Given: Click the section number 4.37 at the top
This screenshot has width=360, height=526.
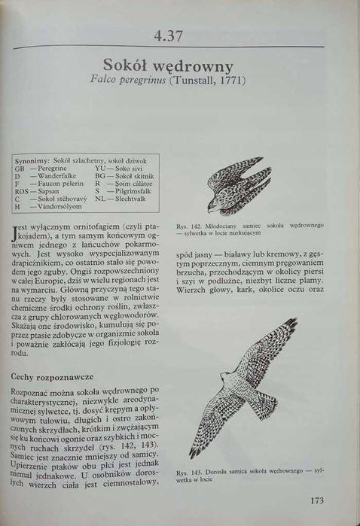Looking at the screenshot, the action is click(x=169, y=35).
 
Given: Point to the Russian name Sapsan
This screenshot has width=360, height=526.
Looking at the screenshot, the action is click(x=47, y=190).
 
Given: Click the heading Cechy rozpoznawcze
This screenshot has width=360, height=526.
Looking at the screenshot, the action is click(x=51, y=375).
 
